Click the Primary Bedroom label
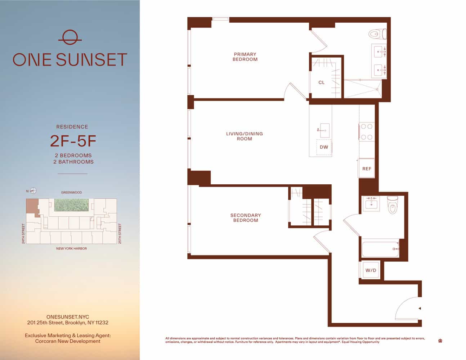tap(245, 57)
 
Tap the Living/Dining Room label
tap(245, 136)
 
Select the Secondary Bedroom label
tap(246, 218)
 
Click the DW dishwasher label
tap(324, 147)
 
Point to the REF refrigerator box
tap(367, 168)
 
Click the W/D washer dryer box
tap(371, 270)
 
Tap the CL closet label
tap(322, 82)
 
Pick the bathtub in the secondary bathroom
tap(380, 248)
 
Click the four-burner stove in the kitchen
tap(367, 132)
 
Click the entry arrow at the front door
tap(420, 309)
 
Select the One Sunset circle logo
tap(70, 37)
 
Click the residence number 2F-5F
tap(73, 141)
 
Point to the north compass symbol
tap(33, 191)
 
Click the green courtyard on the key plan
tap(71, 205)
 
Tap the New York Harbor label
tap(71, 248)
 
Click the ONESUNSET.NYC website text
tap(68, 317)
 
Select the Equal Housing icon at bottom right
tap(440, 341)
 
